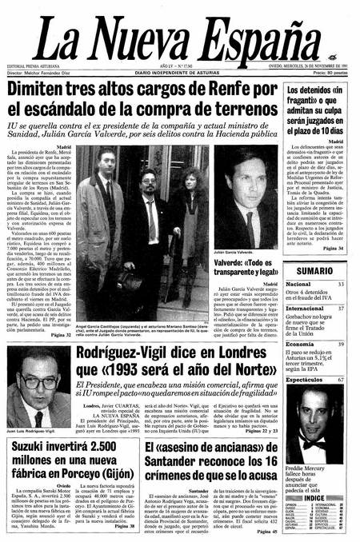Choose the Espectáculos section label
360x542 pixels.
308,380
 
